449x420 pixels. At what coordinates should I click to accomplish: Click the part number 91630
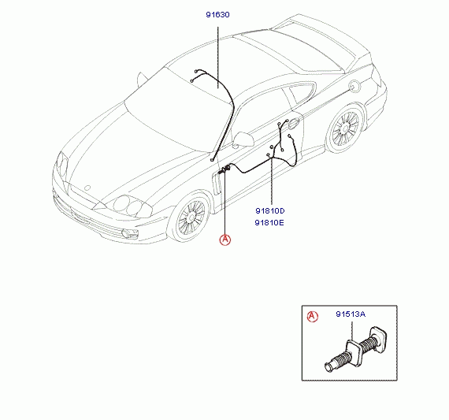coord(217,15)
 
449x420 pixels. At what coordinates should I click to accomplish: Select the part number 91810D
coord(270,211)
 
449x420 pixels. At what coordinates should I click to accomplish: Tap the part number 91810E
coord(269,222)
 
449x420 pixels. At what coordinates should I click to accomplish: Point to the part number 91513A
coord(351,314)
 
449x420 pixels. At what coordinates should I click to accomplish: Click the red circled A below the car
coord(225,240)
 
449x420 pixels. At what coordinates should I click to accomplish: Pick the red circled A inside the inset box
coord(313,316)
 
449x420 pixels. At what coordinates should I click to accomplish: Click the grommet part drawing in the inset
coord(357,349)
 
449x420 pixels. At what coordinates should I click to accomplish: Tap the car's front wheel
coord(190,217)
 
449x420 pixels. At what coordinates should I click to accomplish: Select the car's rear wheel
coord(345,128)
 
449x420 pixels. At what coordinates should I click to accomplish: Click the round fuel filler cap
coord(354,86)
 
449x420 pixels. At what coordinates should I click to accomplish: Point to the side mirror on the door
coord(243,139)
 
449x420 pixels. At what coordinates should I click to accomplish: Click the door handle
coord(293,123)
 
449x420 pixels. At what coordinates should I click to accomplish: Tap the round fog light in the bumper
coord(126,233)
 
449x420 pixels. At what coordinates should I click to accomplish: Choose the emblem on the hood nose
coord(88,188)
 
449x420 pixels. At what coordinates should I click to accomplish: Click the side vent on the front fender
coord(217,184)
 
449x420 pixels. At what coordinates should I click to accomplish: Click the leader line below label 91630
coord(218,58)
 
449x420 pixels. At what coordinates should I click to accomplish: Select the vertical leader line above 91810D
coord(271,181)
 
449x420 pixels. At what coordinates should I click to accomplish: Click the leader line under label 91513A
coord(352,332)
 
